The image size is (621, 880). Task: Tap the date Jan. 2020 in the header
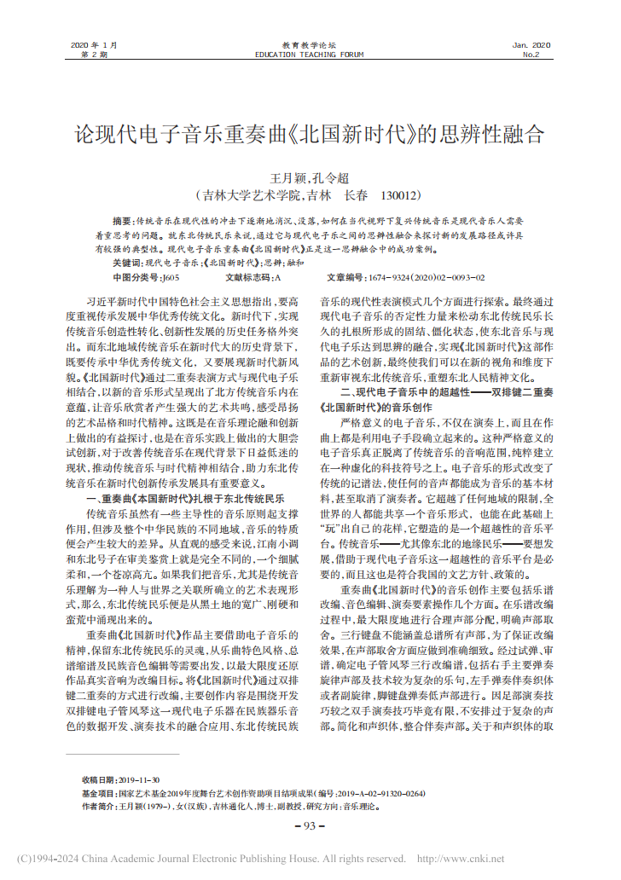[531, 44]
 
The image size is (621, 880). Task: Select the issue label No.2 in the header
[531, 54]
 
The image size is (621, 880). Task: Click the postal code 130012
[400, 194]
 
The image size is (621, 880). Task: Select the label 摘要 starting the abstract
[122, 221]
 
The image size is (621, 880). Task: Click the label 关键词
[127, 262]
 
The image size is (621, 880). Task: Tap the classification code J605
[170, 277]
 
